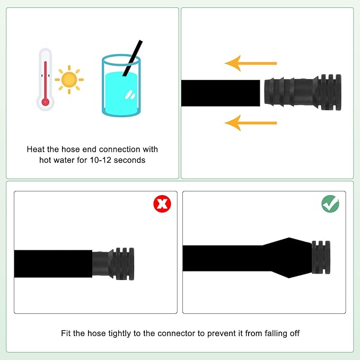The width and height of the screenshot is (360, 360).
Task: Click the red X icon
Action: coord(162,204)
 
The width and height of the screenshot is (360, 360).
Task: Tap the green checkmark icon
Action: coord(330,204)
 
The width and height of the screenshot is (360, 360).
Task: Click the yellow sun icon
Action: coord(69,80)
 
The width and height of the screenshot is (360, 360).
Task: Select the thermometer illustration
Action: coord(46,80)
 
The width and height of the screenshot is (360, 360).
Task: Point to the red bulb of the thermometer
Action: coord(46,102)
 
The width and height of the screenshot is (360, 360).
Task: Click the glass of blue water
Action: coord(121,85)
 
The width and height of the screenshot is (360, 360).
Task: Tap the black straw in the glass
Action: coord(133,58)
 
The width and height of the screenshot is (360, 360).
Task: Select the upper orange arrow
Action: coord(251,63)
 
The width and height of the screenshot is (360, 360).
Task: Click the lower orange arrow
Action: coord(251,123)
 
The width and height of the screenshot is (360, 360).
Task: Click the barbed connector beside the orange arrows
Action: coord(303,92)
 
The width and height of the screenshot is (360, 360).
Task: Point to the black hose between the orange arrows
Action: coord(221,93)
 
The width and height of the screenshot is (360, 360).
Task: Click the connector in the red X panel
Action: coord(113,264)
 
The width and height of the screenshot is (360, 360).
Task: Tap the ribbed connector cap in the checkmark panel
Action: coord(321,257)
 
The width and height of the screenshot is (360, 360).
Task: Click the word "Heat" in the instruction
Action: coord(36,149)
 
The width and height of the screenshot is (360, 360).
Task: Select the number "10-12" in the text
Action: coord(100,160)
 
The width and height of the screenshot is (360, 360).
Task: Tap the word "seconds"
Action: coord(129,160)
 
